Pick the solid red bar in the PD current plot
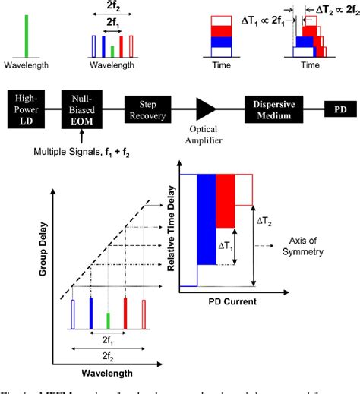225,200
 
